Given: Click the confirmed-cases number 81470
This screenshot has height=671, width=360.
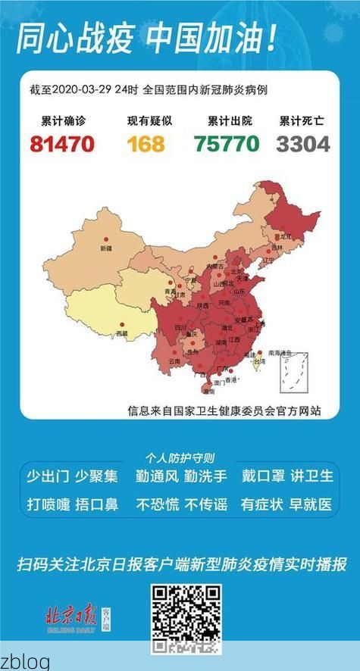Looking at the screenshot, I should point(61,143).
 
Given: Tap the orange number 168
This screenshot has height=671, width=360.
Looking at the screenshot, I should point(146,143).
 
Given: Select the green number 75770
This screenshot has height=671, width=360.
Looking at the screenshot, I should point(226,143).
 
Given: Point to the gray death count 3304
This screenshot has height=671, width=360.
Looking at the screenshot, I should point(303,143).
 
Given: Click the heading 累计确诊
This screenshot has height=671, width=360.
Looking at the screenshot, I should point(62,120).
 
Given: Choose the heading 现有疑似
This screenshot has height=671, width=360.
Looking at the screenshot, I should point(146,120).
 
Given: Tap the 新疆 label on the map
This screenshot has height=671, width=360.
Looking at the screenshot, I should point(105,248).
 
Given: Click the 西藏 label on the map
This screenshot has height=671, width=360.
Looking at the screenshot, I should point(121,332).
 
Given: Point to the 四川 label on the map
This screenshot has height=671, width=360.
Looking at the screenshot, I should point(180,328).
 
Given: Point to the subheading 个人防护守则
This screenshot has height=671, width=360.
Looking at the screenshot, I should point(180,458).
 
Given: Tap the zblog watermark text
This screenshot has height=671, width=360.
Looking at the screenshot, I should point(25,661).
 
